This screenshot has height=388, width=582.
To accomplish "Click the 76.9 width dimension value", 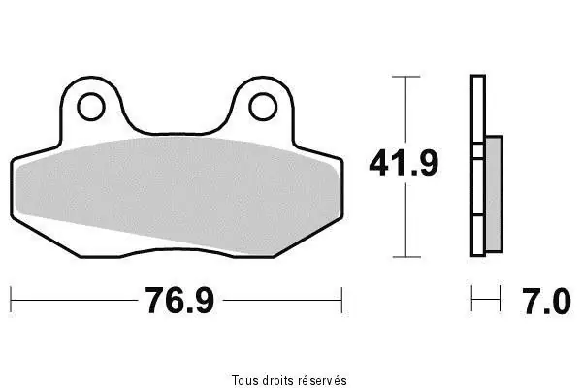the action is (179, 301).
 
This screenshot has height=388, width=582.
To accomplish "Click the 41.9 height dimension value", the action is (404, 163).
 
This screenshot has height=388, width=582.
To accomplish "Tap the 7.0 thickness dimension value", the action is (547, 302).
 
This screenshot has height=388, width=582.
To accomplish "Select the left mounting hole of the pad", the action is (91, 107).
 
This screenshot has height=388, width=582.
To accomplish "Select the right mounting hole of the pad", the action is (263, 107).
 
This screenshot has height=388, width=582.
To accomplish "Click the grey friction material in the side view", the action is (494, 194).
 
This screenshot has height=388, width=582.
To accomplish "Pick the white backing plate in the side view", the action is (478, 166).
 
